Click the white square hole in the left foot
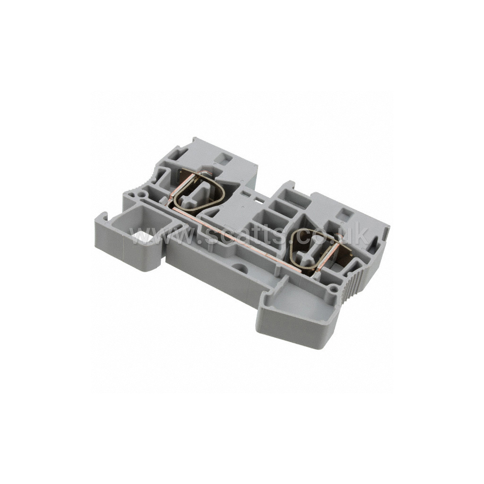coord(139,237)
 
